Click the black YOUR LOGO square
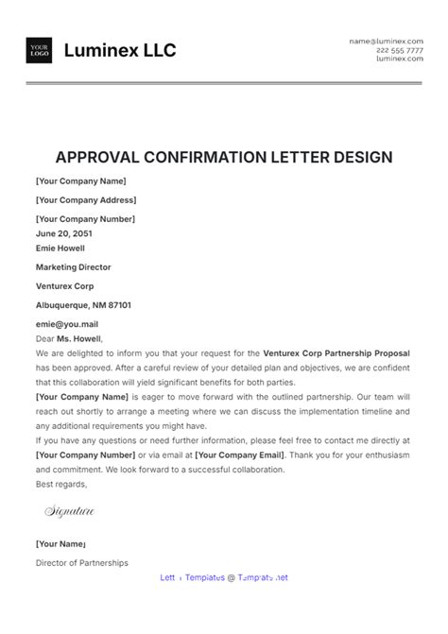coord(40,50)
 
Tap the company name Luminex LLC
coord(120,50)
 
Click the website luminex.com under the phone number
coord(400,59)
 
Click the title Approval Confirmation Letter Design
coord(224,157)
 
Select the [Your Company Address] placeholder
coord(86,200)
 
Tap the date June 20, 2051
coord(65,233)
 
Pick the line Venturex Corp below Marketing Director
coord(65,286)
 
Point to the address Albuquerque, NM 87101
coord(83,305)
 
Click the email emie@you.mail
coord(66,324)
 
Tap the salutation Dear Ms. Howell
coord(69,338)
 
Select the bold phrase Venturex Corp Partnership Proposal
coord(337,353)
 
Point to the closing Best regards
coord(61,484)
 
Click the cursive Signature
coord(70,512)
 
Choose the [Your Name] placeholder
coord(60,544)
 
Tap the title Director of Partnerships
coord(82,563)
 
